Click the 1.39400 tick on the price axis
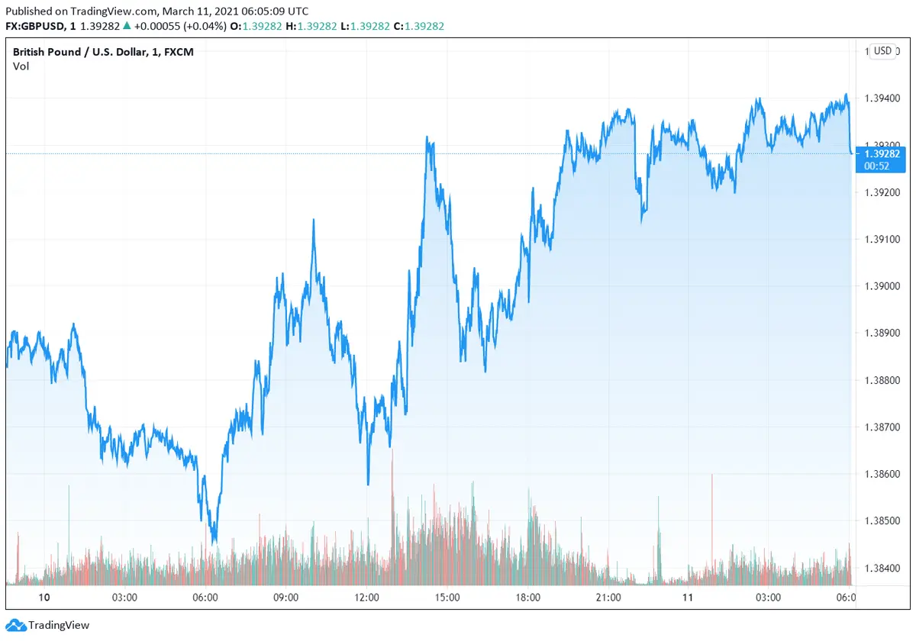pos(882,98)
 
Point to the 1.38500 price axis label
pos(882,521)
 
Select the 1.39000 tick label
pos(882,286)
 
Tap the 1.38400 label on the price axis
pos(882,569)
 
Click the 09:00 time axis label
pos(286,598)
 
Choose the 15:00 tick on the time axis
pos(447,598)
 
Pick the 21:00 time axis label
pos(608,598)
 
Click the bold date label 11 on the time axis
pos(688,598)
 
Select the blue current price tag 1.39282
pos(882,153)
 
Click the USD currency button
pos(882,51)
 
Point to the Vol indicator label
pos(21,66)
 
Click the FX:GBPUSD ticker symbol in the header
pos(35,26)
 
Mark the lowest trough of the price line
pos(214,542)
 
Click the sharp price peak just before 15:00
pos(427,138)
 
